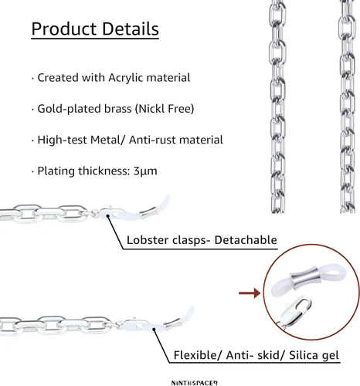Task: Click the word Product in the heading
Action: [x=64, y=29]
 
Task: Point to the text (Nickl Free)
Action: [x=165, y=109]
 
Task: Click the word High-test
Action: [x=63, y=141]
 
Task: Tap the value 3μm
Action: [x=145, y=171]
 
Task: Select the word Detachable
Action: [x=246, y=240]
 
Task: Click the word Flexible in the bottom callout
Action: [x=195, y=355]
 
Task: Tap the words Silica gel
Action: [x=314, y=355]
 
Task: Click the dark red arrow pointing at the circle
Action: [x=250, y=293]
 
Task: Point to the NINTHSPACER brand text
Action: [x=195, y=383]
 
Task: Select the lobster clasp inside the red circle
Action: [x=296, y=312]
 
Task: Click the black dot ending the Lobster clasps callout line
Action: [x=108, y=215]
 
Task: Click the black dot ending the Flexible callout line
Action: [x=154, y=329]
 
